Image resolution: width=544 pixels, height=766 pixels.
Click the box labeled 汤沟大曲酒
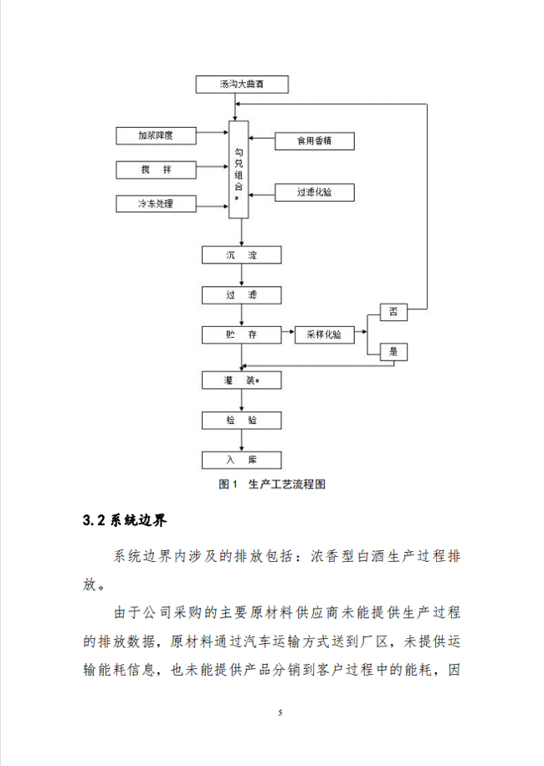[x=241, y=84]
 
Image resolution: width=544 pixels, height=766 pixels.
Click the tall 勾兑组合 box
[x=241, y=169]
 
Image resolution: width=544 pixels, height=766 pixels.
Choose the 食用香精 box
[x=315, y=140]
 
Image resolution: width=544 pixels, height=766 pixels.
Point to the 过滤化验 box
[x=315, y=192]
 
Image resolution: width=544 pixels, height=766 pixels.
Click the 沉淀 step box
[x=241, y=254]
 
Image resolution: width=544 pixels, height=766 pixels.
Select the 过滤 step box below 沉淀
[x=241, y=294]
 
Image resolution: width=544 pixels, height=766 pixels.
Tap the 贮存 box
[x=241, y=334]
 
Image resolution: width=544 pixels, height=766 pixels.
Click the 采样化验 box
[x=325, y=334]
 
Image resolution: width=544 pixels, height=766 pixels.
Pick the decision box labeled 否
[x=394, y=313]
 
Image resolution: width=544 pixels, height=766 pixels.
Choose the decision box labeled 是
[x=394, y=352]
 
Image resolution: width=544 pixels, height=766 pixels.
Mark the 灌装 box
[x=241, y=380]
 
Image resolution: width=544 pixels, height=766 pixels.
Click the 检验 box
[x=241, y=420]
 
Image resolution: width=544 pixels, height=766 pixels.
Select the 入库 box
[x=241, y=459]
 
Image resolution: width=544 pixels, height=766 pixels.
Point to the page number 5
[x=280, y=712]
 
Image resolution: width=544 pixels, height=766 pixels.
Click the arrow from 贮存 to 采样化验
[x=288, y=334]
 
